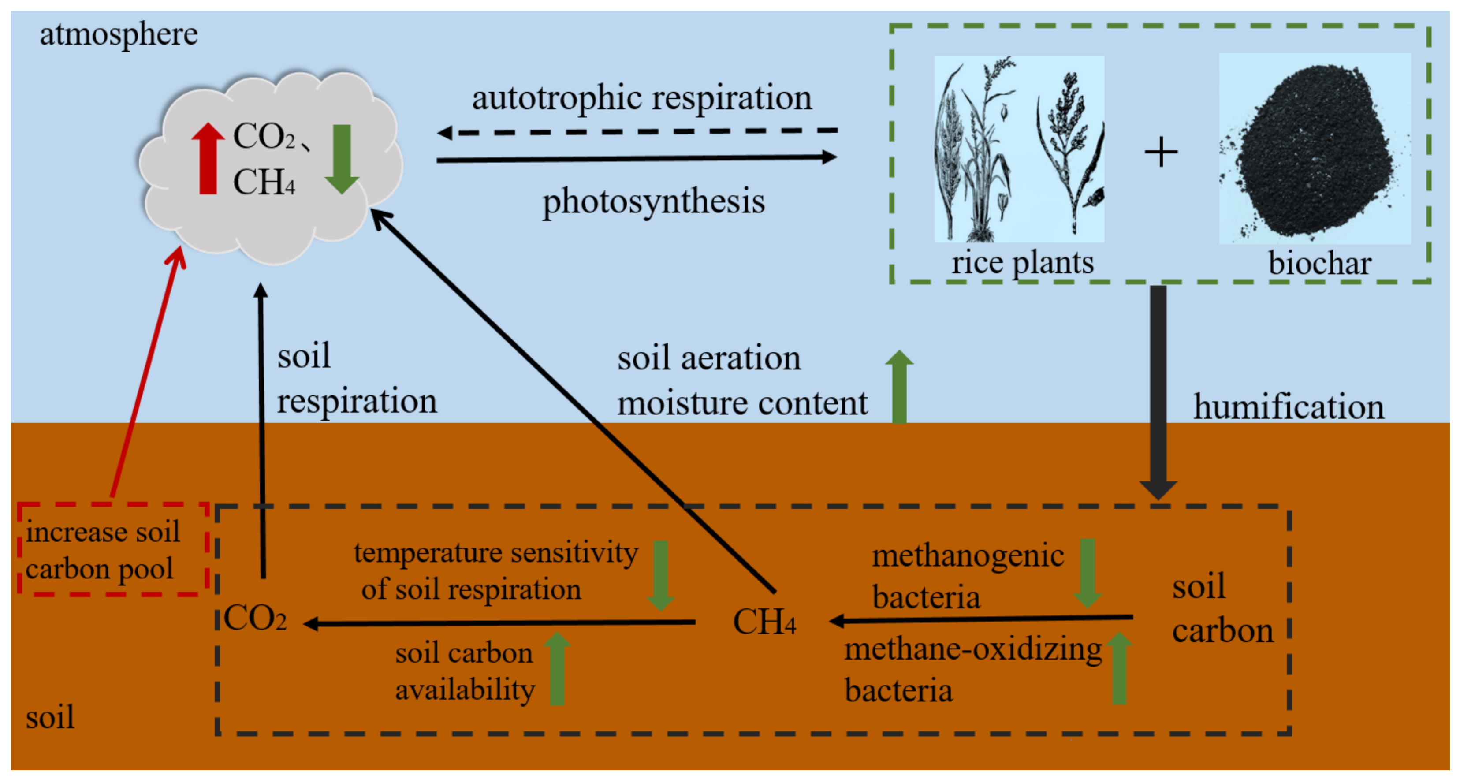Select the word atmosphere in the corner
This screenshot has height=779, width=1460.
119,34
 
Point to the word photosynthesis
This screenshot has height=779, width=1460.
653,201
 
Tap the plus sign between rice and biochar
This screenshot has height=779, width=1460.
1161,152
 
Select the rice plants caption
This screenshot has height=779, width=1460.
1022,262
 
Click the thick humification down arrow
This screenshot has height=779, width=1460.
1158,391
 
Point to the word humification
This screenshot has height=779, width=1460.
1288,407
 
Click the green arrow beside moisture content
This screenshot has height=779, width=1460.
899,387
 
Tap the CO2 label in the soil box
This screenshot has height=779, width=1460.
255,618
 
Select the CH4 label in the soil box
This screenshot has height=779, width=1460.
764,622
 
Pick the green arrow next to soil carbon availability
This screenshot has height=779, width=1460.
557,669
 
